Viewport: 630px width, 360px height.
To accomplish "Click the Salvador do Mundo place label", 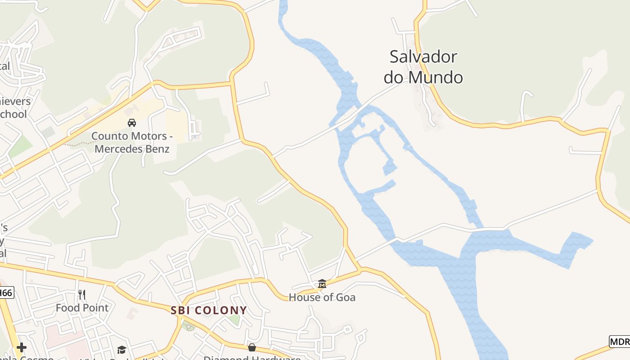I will tap(423, 67).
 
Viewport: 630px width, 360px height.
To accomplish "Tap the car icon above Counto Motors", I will tap(132, 122).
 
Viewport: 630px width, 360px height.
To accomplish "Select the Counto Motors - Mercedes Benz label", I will tap(130, 142).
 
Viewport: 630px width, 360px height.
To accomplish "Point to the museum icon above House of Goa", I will tap(322, 284).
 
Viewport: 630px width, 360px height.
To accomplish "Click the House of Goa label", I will tap(322, 297).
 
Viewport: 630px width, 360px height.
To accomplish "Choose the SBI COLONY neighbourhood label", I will tap(209, 310).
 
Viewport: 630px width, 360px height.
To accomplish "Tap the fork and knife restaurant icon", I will tap(82, 295).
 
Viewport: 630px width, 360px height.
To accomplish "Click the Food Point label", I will tap(82, 308).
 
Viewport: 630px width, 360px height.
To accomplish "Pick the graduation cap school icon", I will tap(121, 350).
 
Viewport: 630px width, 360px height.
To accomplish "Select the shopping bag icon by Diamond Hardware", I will tap(252, 347).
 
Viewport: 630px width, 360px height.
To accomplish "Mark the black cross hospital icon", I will tap(21, 347).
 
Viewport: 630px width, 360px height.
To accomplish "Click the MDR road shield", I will tap(620, 341).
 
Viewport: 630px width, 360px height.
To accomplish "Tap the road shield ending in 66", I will tap(6, 293).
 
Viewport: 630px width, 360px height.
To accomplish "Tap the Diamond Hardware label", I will tap(252, 358).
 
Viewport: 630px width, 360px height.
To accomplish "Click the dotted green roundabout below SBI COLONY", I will tap(189, 326).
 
